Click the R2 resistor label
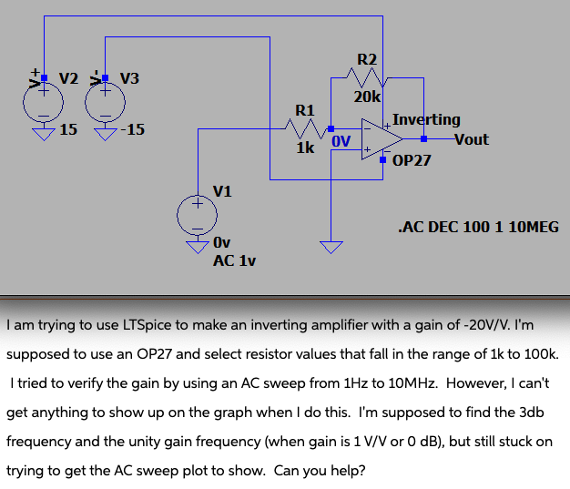367,60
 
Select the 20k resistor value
368,96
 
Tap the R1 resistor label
305,110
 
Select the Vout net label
471,139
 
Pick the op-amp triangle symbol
381,138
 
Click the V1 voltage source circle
197,215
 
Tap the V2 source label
70,77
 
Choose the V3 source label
129,77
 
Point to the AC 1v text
234,260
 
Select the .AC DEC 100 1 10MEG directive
478,227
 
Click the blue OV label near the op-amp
341,141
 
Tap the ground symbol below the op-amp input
331,246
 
